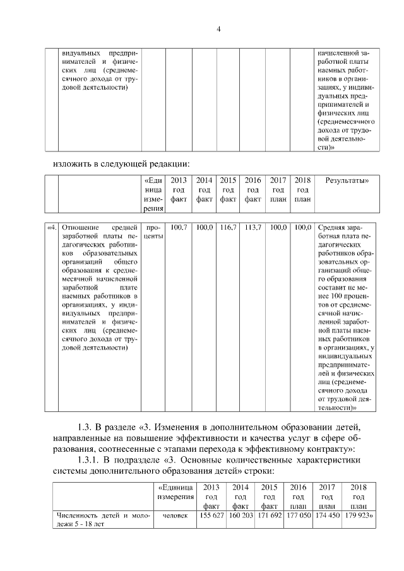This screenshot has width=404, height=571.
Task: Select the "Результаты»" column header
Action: point(347,180)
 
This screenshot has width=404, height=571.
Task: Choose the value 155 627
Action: point(212,515)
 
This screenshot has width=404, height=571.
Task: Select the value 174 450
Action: point(327,515)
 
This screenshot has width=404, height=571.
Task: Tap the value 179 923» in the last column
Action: point(358,515)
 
